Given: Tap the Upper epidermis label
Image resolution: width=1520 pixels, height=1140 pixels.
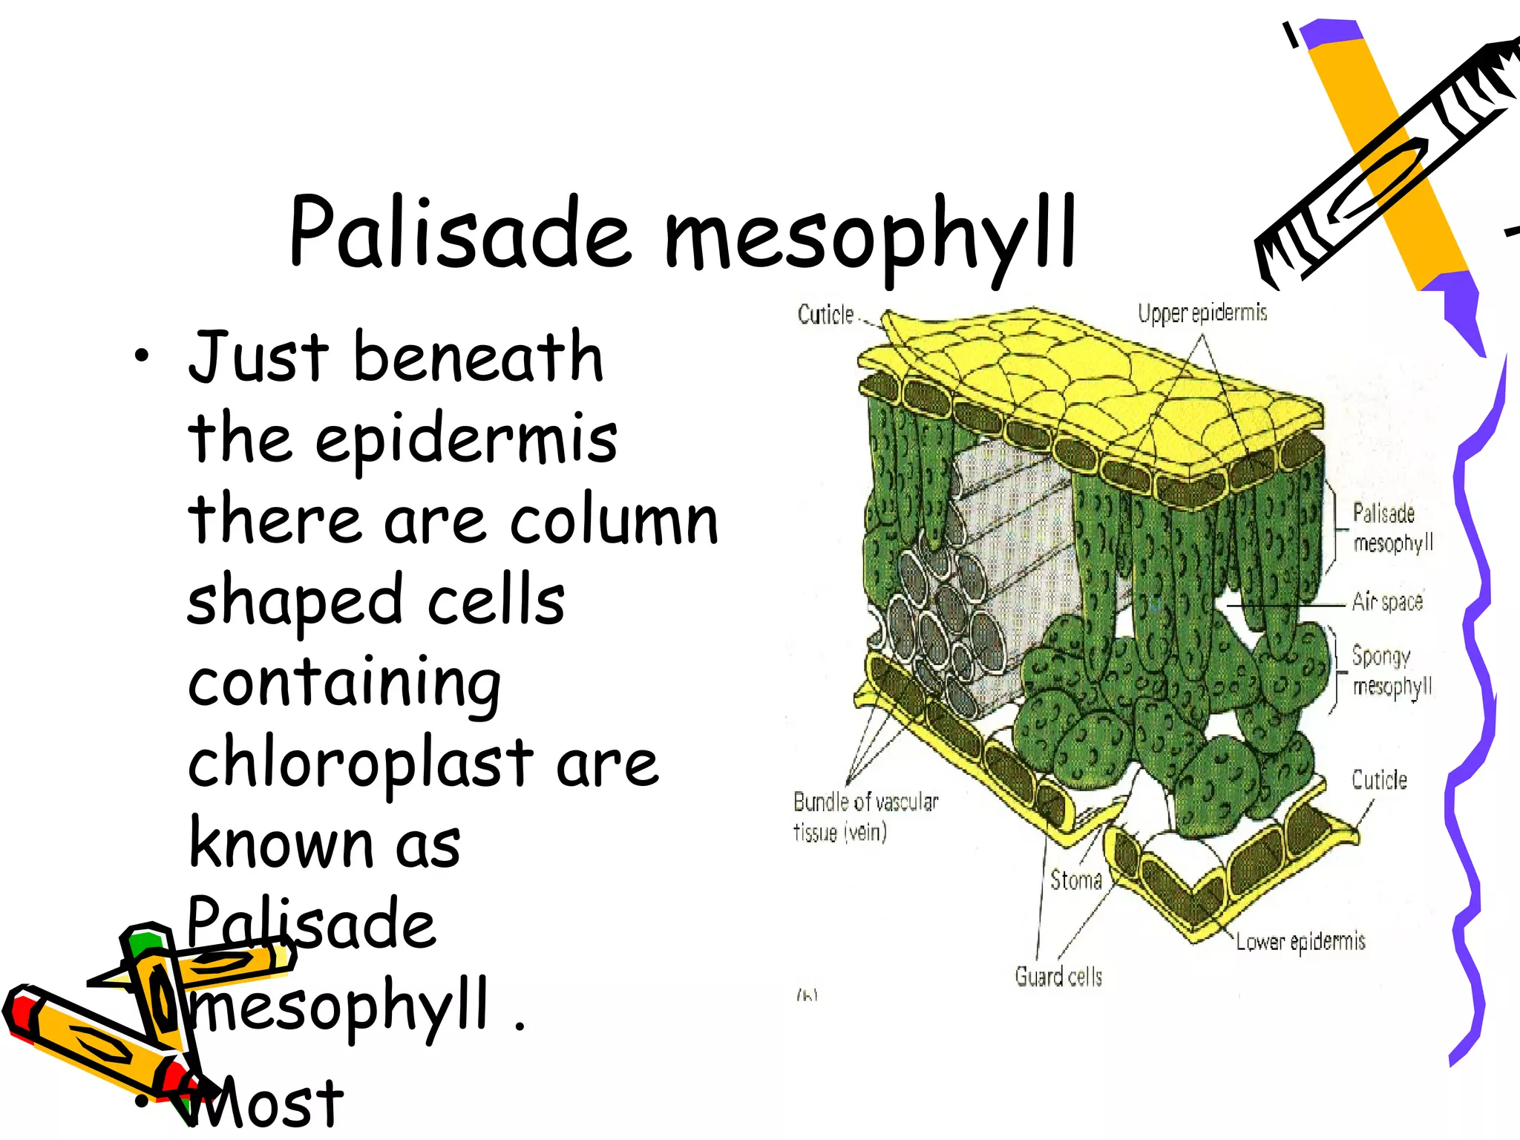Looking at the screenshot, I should click(x=1202, y=313).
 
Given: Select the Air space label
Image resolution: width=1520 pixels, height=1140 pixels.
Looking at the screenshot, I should click(x=1387, y=600).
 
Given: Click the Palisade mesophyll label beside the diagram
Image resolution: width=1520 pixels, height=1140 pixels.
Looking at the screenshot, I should click(x=1392, y=528).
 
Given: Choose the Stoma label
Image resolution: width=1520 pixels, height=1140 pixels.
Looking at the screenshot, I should click(x=1075, y=880).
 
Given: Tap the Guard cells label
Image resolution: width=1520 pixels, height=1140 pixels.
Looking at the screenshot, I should click(x=1058, y=977).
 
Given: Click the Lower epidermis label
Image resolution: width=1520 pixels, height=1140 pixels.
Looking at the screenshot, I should click(x=1300, y=942).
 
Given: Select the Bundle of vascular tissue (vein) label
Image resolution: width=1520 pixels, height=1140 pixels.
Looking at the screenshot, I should click(x=865, y=816).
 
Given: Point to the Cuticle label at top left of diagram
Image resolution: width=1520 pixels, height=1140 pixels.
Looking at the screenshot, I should click(x=825, y=315).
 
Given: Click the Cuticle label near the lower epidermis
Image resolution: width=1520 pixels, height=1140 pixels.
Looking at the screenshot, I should click(x=1379, y=780).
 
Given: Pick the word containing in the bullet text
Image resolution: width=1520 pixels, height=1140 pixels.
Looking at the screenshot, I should click(x=344, y=683).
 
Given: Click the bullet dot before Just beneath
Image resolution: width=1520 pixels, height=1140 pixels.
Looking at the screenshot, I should click(x=142, y=358).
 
